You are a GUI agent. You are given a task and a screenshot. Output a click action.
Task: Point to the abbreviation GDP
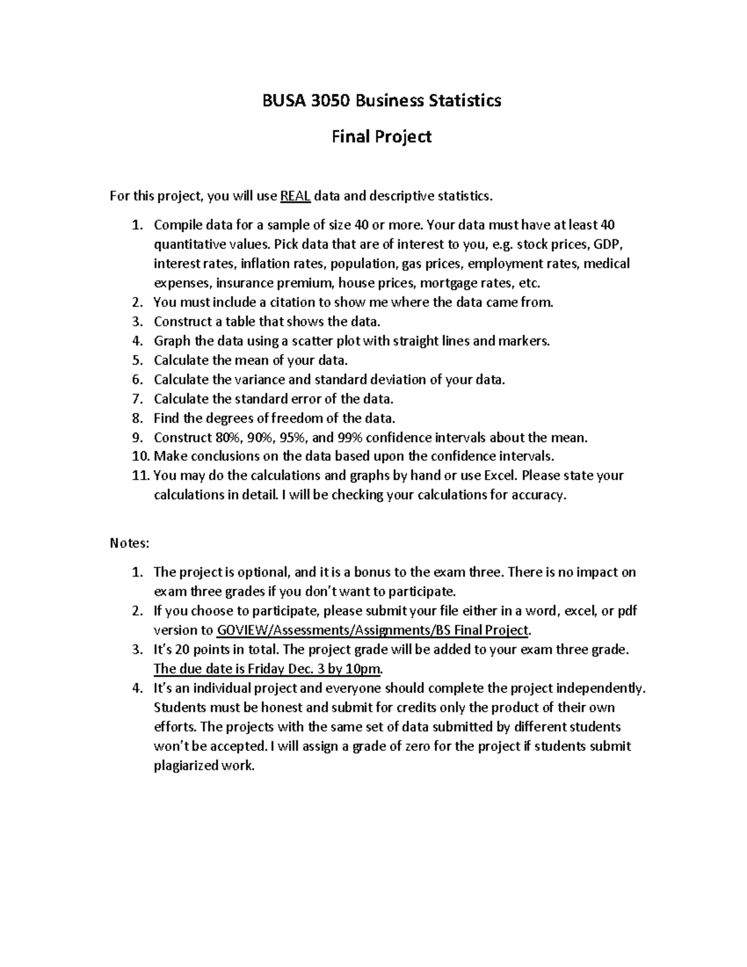607,243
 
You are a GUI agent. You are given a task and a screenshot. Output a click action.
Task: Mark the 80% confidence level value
225,438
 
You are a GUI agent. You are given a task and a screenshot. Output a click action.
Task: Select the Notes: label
129,544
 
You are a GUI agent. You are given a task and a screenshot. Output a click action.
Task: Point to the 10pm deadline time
365,669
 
